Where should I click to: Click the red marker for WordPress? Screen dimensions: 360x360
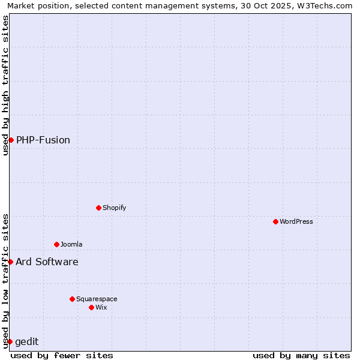coord(275,221)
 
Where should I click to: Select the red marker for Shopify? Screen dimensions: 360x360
coord(98,208)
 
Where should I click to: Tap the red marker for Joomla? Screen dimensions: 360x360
coord(56,244)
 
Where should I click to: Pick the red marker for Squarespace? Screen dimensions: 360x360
coord(72,299)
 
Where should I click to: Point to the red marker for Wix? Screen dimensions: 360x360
coord(91,307)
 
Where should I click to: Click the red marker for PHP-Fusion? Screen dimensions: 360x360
coord(11,140)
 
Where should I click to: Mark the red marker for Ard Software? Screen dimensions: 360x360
coord(10,262)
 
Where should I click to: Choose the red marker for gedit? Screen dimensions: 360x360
coord(10,341)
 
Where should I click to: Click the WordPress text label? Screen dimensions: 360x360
coord(296,221)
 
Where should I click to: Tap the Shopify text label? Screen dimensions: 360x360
coord(114,208)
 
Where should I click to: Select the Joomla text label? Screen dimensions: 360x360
coord(71,244)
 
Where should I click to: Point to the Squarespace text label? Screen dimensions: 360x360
coord(97,299)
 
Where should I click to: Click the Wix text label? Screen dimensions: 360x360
coord(101,307)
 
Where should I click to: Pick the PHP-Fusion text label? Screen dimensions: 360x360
coord(43,140)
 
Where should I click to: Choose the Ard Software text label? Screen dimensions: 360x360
coord(47,262)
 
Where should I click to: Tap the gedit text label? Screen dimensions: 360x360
coord(27,341)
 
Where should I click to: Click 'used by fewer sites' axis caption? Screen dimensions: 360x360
coord(62,355)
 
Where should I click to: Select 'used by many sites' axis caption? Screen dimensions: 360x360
coord(301,355)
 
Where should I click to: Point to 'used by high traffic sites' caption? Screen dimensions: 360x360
coord(5,85)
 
